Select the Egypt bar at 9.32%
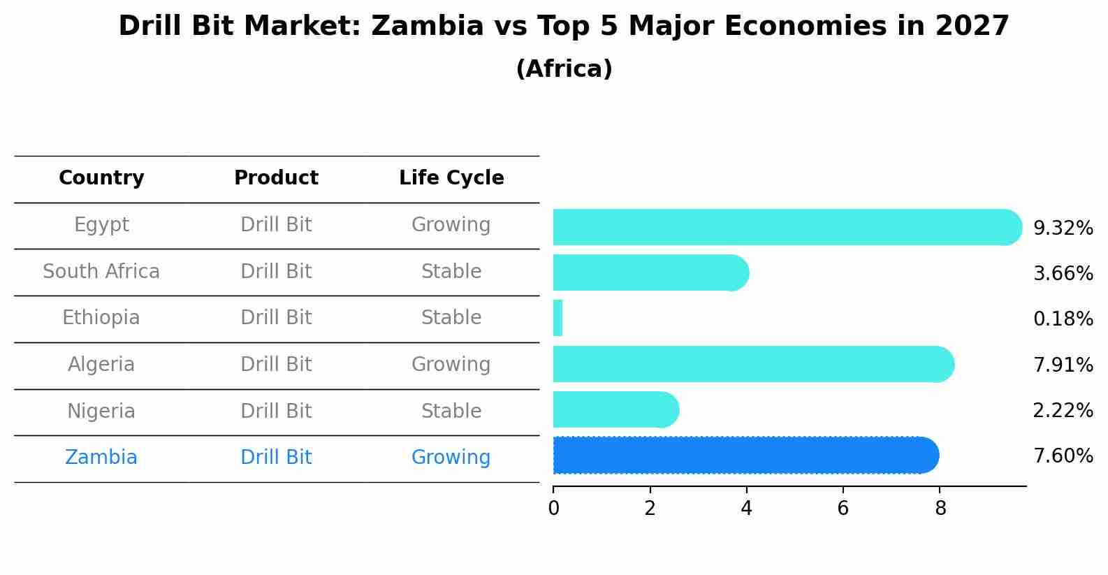point(787,227)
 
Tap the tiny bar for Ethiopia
point(557,319)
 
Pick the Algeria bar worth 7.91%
point(753,364)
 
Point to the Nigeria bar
point(615,410)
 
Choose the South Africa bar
point(650,272)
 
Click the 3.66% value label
point(1063,273)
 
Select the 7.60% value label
point(1063,456)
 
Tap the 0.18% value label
point(1063,319)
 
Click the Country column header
point(101,178)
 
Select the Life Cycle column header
point(451,178)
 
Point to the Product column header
point(276,178)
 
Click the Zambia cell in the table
point(101,458)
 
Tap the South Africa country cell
point(101,272)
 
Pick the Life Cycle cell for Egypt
point(451,225)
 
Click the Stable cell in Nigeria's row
point(451,412)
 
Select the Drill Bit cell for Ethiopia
point(276,318)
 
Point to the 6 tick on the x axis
point(843,509)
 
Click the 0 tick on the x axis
point(553,509)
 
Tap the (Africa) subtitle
point(564,69)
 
